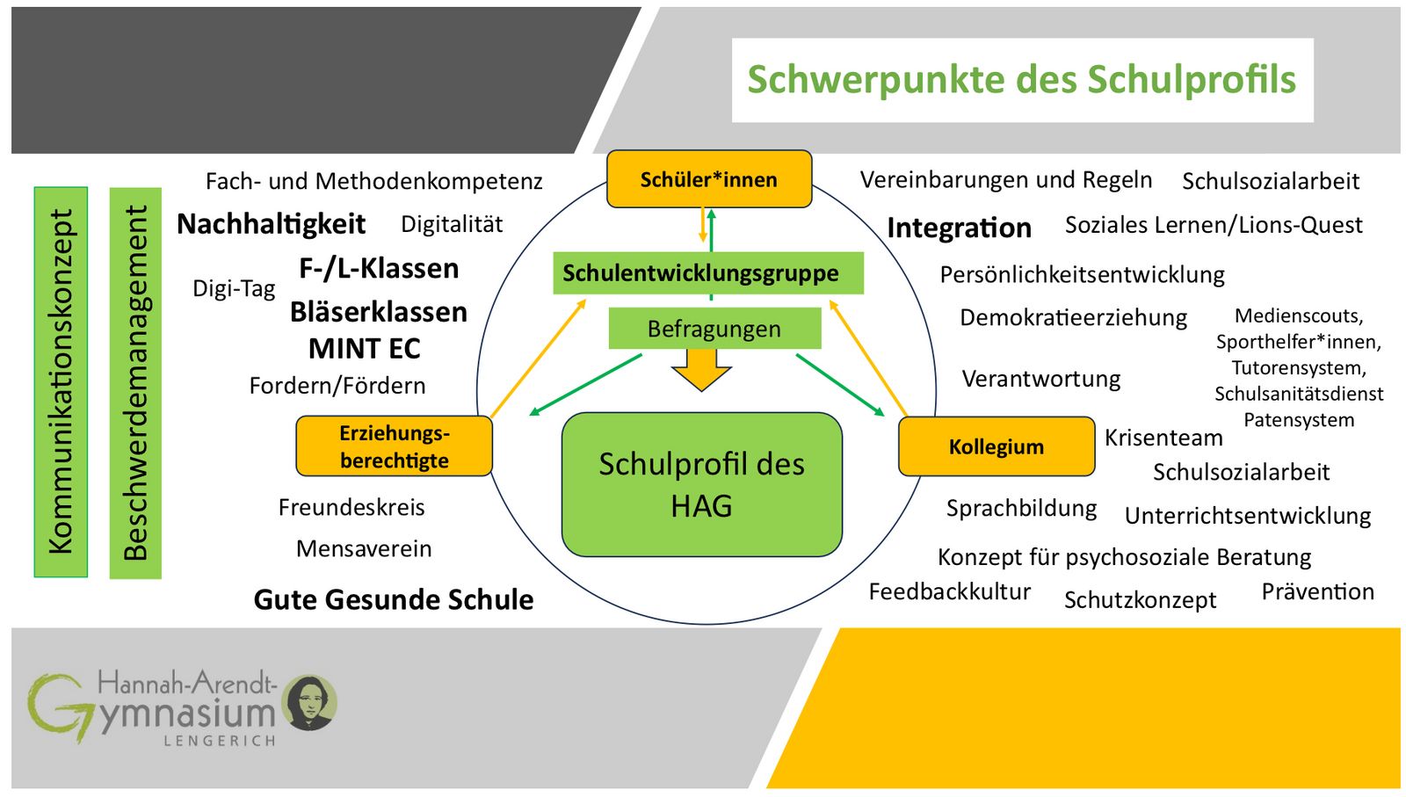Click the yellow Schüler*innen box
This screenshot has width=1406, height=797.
pyautogui.click(x=708, y=179)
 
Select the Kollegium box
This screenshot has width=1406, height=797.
pyautogui.click(x=996, y=446)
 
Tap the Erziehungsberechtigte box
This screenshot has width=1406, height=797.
pyautogui.click(x=394, y=446)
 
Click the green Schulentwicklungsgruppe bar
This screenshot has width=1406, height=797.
pyautogui.click(x=707, y=273)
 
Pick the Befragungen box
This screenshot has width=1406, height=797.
pyautogui.click(x=714, y=329)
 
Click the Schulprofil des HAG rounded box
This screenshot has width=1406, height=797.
pyautogui.click(x=701, y=484)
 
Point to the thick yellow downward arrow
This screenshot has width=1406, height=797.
pyautogui.click(x=701, y=369)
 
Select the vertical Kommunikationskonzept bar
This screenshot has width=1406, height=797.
pyautogui.click(x=61, y=381)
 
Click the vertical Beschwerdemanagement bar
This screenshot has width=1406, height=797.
pyautogui.click(x=135, y=382)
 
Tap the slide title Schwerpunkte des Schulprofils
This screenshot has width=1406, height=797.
pyautogui.click(x=1021, y=79)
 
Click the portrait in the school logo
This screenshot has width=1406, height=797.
pyautogui.click(x=309, y=702)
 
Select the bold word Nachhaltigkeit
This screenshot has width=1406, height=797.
pyautogui.click(x=271, y=224)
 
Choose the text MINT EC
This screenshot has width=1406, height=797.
pyautogui.click(x=364, y=349)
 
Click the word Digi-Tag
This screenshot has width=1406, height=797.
pyautogui.click(x=234, y=288)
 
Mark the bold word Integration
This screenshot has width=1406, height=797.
pyautogui.click(x=959, y=228)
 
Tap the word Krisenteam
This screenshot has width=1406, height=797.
pyautogui.click(x=1163, y=438)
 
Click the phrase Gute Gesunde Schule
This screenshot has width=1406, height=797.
pyautogui.click(x=393, y=599)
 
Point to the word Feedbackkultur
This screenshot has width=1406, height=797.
pyautogui.click(x=949, y=591)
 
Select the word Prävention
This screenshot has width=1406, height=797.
pyautogui.click(x=1317, y=591)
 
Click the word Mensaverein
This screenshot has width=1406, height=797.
pyautogui.click(x=364, y=548)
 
